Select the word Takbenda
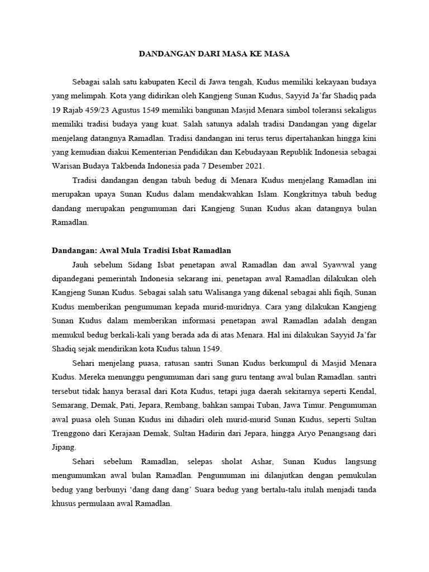pyautogui.click(x=139, y=166)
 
